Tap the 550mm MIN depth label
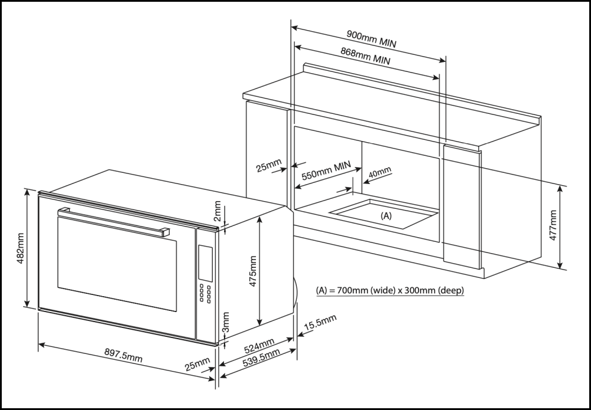pos(326,171)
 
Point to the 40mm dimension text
pos(379,173)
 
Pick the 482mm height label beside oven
pos(20,248)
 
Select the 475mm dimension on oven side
pos(252,271)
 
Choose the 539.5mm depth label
pos(261,359)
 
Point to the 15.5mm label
pos(320,323)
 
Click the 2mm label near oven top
pos(217,209)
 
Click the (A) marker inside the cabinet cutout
pos(385,215)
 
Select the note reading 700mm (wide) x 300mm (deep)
pos(390,290)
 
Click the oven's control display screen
pos(206,263)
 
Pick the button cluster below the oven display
pos(206,293)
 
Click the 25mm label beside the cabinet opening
pos(269,168)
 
